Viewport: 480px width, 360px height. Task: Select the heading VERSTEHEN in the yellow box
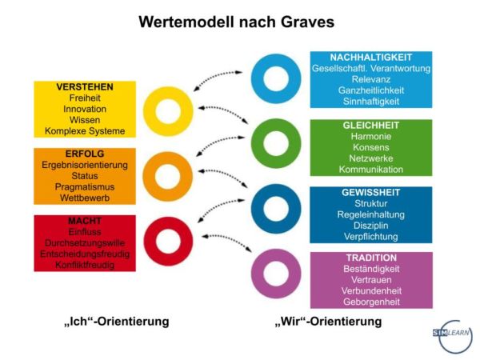pos(85,87)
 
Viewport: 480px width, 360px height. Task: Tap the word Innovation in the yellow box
pos(85,109)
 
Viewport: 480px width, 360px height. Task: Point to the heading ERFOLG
pos(85,154)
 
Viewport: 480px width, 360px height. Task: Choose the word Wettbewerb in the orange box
pos(85,198)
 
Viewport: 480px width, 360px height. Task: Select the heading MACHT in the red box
pos(85,221)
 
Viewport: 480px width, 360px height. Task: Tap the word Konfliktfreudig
pos(85,265)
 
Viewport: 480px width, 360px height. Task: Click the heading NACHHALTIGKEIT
pos(371,58)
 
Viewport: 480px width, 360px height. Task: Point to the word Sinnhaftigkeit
pos(371,102)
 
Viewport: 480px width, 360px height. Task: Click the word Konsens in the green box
pos(371,147)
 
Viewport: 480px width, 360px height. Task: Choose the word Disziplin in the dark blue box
pos(371,226)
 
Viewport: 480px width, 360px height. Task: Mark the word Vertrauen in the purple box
pos(371,280)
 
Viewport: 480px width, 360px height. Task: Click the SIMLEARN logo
pos(452,336)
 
